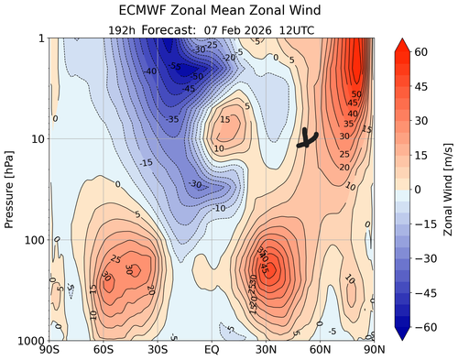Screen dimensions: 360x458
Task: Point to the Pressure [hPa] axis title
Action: pos(12,189)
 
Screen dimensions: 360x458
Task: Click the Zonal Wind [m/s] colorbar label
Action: pos(446,189)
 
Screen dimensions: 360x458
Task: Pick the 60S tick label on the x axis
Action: pos(103,350)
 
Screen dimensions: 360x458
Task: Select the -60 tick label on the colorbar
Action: pos(427,327)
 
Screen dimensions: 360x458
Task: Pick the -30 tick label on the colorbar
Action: pos(427,258)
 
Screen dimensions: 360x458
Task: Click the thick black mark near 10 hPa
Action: pos(308,139)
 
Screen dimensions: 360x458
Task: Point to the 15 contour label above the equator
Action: pos(224,120)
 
